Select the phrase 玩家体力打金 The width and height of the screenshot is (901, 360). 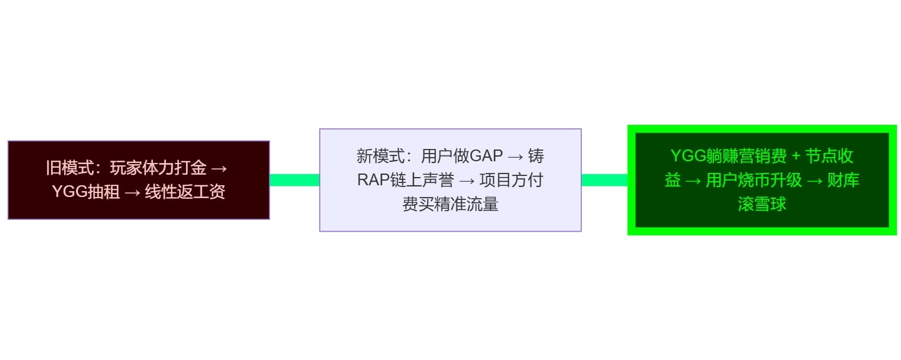point(158,168)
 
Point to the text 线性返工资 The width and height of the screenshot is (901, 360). point(185,192)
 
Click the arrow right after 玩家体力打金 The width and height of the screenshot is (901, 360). point(219,168)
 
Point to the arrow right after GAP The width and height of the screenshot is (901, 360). point(516,157)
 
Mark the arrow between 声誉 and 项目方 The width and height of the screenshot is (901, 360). point(467,180)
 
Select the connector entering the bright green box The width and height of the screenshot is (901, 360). point(604,180)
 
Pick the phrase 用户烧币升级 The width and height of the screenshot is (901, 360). point(754,180)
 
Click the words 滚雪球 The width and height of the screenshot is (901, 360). point(762,204)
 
